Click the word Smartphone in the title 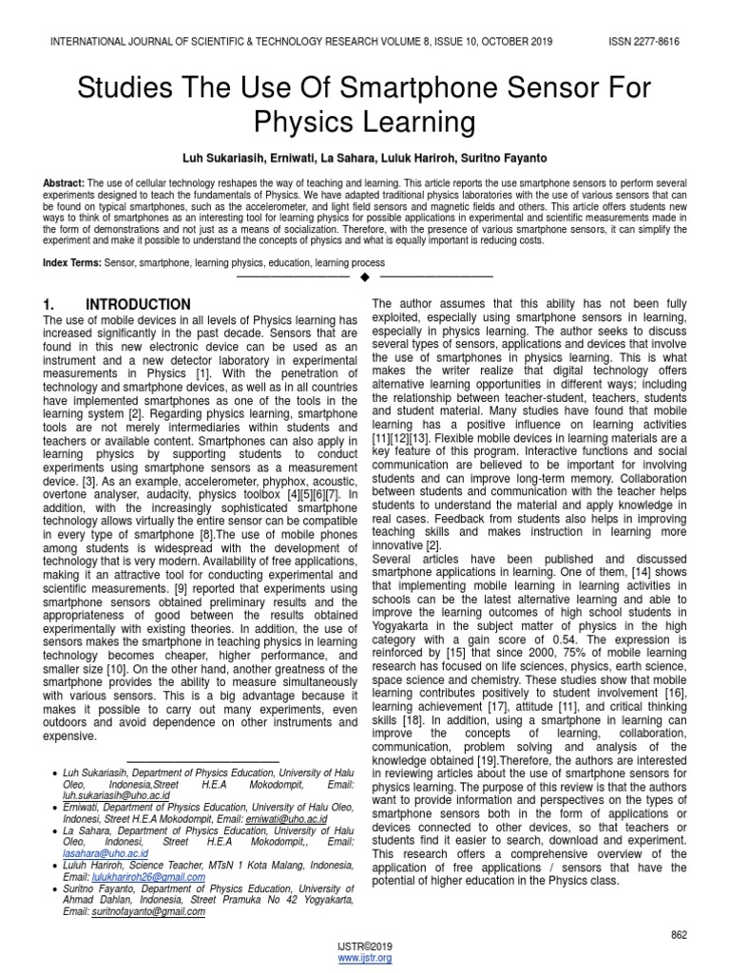429,90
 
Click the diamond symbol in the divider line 365,277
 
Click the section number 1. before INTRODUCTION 53,304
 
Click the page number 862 679,909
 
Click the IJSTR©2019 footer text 365,947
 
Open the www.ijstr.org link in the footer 365,959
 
